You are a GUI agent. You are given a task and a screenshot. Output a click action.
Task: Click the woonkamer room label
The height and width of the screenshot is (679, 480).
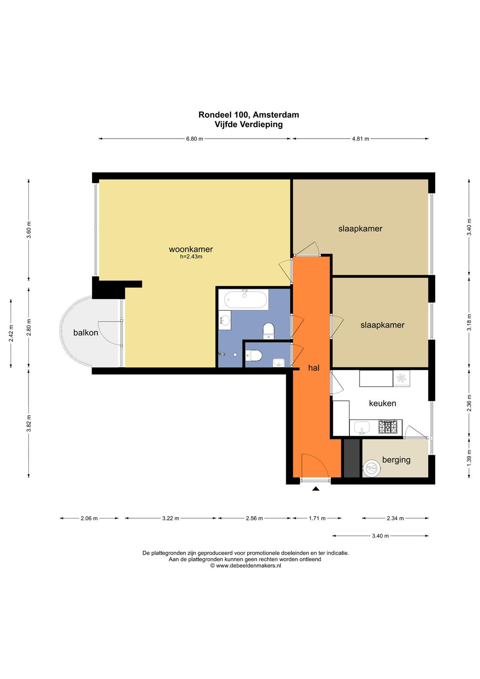click(191, 249)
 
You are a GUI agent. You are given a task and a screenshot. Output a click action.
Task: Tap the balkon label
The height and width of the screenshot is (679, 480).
click(86, 333)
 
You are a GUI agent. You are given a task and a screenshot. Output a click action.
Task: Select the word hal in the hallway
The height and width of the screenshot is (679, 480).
click(314, 368)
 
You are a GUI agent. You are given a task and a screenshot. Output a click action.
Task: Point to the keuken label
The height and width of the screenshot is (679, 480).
click(382, 403)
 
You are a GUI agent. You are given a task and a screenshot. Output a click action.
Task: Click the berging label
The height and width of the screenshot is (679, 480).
click(396, 459)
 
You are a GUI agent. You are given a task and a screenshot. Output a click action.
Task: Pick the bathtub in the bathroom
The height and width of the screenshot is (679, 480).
click(246, 299)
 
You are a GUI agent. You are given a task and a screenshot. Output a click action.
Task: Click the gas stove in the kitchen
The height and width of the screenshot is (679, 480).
click(388, 427)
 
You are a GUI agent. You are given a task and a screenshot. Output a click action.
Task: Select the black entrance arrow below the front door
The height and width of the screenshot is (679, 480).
click(316, 488)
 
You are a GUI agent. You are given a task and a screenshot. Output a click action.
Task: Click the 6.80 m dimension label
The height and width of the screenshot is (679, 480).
click(195, 139)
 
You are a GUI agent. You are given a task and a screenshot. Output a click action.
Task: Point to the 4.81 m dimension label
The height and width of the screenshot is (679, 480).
click(360, 139)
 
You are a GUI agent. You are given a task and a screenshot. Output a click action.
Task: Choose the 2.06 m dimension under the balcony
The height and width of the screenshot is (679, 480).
click(89, 518)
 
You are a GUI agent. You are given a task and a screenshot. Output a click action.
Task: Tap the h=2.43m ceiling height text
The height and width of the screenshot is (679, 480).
click(191, 257)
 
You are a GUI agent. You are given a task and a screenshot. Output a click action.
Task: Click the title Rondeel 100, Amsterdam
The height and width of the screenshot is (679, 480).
click(248, 115)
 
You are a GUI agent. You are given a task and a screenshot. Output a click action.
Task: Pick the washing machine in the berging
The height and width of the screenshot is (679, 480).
click(372, 468)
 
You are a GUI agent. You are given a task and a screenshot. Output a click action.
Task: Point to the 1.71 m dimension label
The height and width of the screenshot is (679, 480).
click(317, 518)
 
